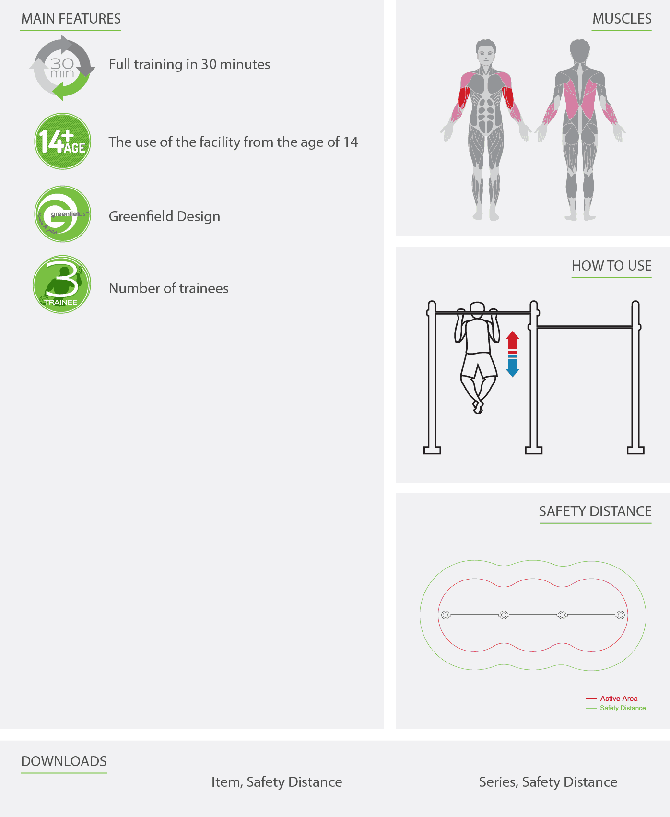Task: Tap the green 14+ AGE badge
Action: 62,142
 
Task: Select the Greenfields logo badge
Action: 62,214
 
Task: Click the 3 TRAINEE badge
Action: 62,284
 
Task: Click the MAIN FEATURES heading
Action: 71,19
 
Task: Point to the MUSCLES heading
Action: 622,19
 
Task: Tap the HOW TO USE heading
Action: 611,266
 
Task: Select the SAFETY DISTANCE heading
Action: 595,511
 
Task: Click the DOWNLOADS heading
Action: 64,761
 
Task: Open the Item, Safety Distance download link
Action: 277,782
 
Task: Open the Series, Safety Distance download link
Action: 548,782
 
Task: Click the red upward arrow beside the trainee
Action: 513,341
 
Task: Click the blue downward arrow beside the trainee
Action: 513,367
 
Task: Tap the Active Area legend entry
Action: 612,699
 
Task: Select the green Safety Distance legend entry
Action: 616,708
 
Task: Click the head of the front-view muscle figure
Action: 486,52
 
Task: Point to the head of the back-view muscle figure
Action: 580,51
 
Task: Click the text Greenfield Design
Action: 165,216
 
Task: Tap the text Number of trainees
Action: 169,288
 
